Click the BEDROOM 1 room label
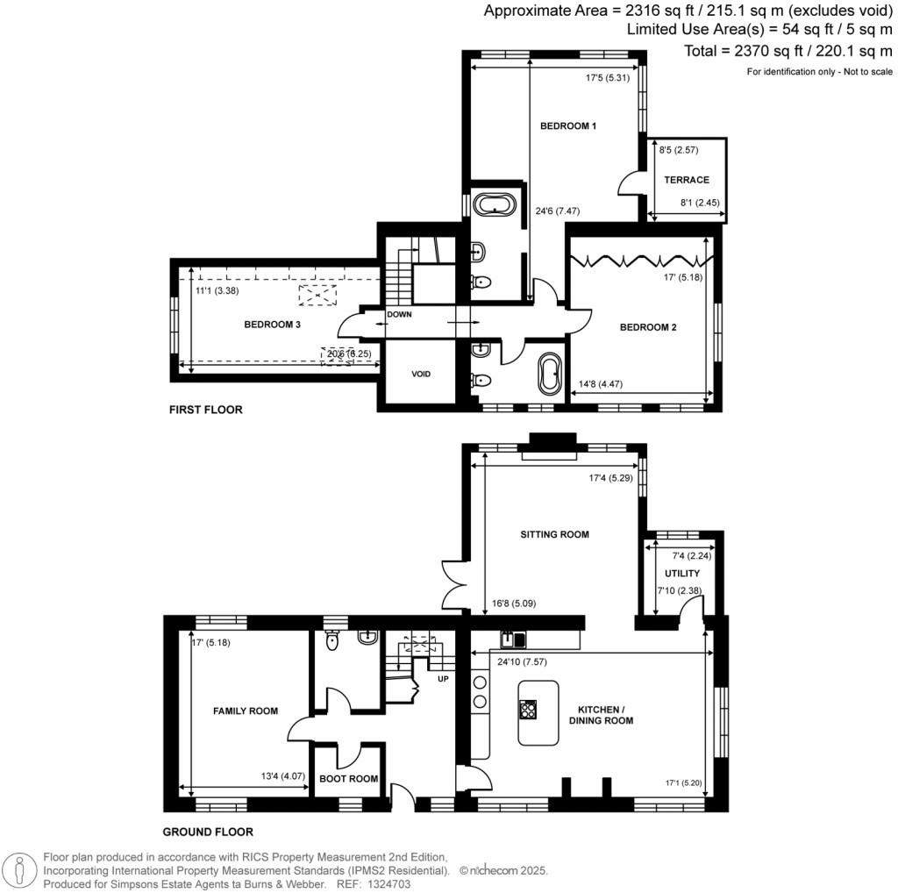[567, 126]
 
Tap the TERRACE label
[686, 180]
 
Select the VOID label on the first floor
[421, 374]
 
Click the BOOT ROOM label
[349, 778]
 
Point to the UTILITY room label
[681, 573]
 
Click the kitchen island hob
[529, 708]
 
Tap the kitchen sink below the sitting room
[513, 639]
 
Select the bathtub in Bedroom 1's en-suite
[495, 205]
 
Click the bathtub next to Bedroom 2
[549, 375]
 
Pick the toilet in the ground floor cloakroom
[331, 642]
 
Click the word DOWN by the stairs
[399, 314]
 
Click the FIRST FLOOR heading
[207, 410]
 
